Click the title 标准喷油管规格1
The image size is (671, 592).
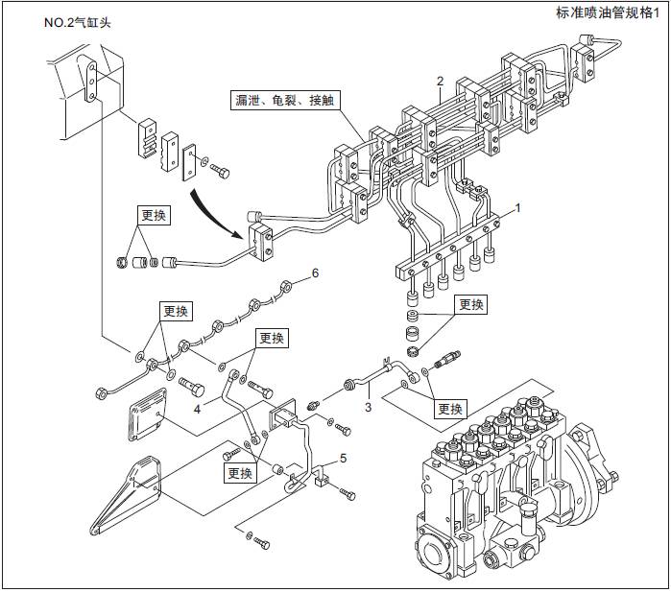click(609, 12)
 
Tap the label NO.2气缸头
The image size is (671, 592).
click(79, 23)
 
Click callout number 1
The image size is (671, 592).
click(517, 206)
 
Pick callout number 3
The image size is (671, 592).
click(367, 408)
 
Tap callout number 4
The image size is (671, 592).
click(197, 408)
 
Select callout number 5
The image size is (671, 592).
click(343, 458)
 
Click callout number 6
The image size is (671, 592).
click(314, 273)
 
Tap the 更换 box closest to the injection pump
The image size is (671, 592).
click(450, 408)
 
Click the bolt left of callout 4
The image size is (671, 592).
click(190, 388)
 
